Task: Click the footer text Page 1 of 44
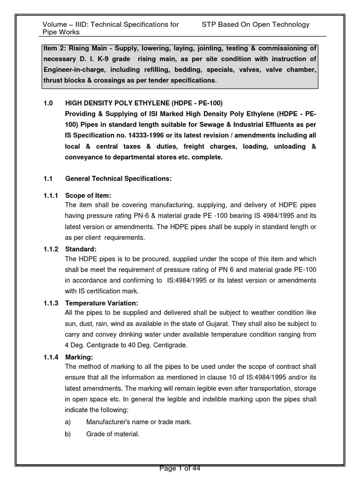point(180,468)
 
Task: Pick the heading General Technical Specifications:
point(119,179)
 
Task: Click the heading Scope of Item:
point(88,195)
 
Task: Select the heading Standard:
point(81,249)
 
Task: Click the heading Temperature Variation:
point(102,303)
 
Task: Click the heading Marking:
point(79,357)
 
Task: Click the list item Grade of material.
point(112,434)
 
